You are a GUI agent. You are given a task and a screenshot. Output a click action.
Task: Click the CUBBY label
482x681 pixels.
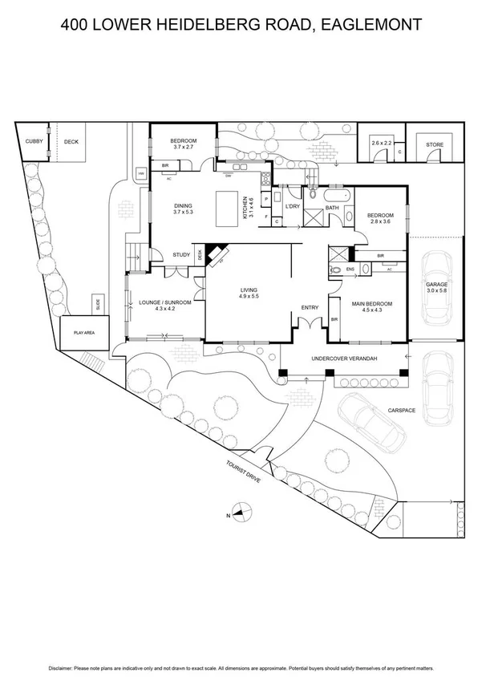click(34, 141)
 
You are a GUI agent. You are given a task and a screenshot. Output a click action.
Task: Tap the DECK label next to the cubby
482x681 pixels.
click(72, 141)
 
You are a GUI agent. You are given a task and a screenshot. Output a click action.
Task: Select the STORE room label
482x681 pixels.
click(434, 145)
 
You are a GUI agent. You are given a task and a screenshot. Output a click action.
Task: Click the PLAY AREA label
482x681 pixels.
click(84, 331)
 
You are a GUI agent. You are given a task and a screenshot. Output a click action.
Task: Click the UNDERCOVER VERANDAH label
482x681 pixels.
click(345, 358)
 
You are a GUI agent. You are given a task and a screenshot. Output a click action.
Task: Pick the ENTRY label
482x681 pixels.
click(310, 308)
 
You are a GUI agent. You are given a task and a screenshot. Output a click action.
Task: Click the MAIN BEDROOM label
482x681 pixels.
click(372, 303)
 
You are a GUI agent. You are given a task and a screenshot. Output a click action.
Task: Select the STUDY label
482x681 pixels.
click(181, 255)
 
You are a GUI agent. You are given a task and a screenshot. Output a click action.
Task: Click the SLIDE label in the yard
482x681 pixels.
click(98, 305)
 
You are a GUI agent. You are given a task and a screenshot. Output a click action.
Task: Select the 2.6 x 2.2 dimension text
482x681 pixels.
click(381, 142)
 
